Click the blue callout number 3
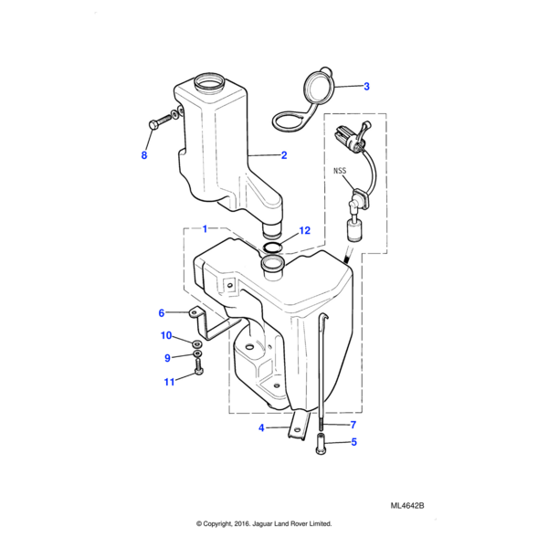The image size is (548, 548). click(x=366, y=87)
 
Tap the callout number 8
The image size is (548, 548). click(x=144, y=155)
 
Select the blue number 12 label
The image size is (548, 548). click(x=305, y=231)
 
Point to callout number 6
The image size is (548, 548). click(x=161, y=312)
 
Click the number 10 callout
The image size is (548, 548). click(x=166, y=335)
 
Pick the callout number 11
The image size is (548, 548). click(x=169, y=382)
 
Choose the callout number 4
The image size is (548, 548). click(x=261, y=427)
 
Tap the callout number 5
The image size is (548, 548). click(x=353, y=442)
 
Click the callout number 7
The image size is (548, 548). click(x=353, y=425)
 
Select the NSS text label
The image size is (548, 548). click(x=340, y=171)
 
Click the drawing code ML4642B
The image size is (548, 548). click(x=407, y=506)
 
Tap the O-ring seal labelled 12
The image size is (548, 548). click(x=272, y=248)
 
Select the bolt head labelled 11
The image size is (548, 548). click(x=198, y=371)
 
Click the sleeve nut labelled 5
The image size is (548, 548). click(x=321, y=444)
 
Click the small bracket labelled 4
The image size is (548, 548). click(x=300, y=426)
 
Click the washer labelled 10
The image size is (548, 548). click(x=197, y=342)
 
